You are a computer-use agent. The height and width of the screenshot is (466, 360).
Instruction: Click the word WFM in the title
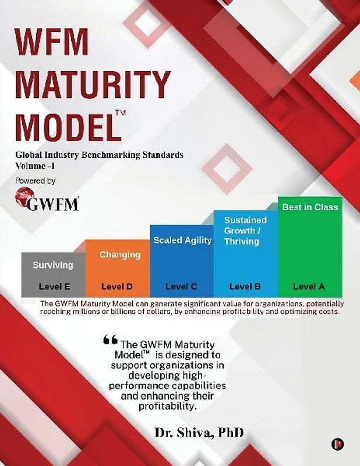pyautogui.click(x=53, y=43)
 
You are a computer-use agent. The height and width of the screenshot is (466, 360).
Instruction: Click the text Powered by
pyautogui.click(x=36, y=181)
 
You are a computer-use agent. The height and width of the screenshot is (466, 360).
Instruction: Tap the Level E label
pyautogui.click(x=54, y=287)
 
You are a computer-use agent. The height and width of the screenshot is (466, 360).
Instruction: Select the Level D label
pyautogui.click(x=117, y=287)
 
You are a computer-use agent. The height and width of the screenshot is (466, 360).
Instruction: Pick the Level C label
pyautogui.click(x=182, y=287)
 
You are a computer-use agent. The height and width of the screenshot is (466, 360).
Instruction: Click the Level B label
pyautogui.click(x=245, y=287)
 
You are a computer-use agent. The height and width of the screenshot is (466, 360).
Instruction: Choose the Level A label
pyautogui.click(x=309, y=287)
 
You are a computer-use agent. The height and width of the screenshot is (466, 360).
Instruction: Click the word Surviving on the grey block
pyautogui.click(x=53, y=265)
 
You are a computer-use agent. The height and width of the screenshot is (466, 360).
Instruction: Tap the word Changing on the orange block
pyautogui.click(x=120, y=255)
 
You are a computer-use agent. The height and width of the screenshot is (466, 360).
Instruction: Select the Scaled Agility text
pyautogui.click(x=182, y=240)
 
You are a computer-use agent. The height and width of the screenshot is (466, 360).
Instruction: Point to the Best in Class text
pyautogui.click(x=310, y=207)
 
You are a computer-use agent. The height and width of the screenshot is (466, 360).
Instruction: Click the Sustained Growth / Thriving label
pyautogui.click(x=246, y=231)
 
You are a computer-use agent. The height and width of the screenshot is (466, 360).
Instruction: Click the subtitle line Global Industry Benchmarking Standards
pyautogui.click(x=100, y=155)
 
